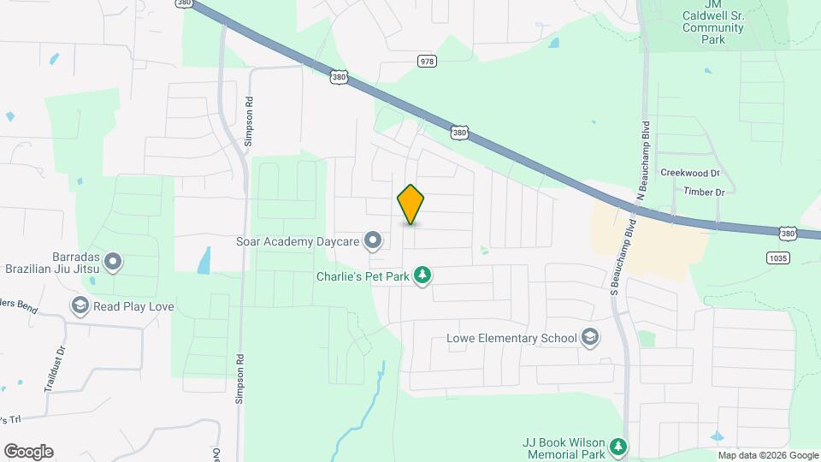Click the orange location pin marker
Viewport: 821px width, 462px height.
tap(410, 204)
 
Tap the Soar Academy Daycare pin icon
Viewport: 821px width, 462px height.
tap(373, 242)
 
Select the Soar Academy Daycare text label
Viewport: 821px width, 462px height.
tap(298, 242)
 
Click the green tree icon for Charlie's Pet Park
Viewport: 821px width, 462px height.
tap(422, 275)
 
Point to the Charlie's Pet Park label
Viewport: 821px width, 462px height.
tap(362, 276)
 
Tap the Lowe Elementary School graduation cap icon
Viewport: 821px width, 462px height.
tap(589, 338)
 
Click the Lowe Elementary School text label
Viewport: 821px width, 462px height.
tap(511, 338)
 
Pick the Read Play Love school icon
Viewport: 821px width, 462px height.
tap(80, 306)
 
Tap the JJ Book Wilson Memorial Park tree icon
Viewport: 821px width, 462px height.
tap(618, 447)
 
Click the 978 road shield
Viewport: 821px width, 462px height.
tap(428, 61)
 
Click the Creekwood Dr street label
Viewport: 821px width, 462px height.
tap(688, 172)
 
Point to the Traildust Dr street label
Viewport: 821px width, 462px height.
tap(53, 368)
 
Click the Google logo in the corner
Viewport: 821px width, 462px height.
tap(28, 452)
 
